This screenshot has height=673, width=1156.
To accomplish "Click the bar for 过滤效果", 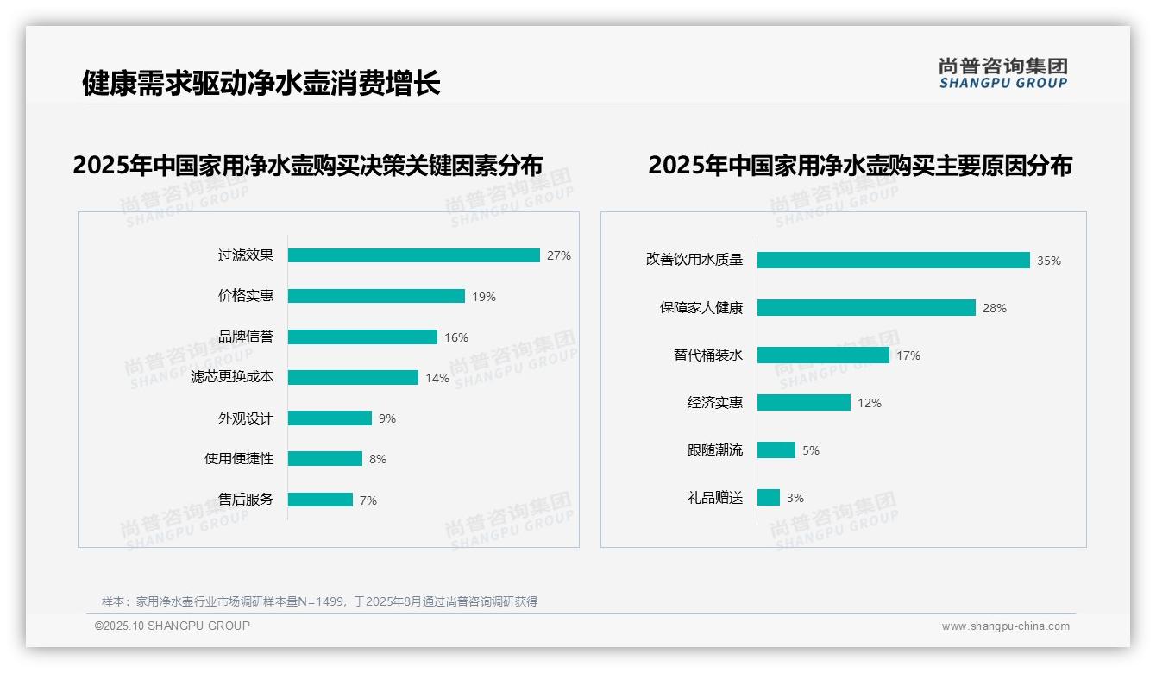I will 413,255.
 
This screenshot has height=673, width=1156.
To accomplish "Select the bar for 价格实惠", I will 376,296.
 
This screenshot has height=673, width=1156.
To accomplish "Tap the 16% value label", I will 456,337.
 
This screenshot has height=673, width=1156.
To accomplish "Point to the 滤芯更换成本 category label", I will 231,377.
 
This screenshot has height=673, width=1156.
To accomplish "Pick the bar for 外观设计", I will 330,418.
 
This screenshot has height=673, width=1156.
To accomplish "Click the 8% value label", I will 378,459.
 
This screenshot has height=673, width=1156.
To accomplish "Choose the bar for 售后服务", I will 320,500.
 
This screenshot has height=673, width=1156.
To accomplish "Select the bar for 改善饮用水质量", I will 893,260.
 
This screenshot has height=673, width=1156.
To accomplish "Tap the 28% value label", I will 995,308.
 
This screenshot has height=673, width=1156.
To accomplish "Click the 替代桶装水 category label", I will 707,355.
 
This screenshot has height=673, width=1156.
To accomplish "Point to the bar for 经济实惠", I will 803,403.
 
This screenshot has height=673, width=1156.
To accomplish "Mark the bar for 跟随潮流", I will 776,450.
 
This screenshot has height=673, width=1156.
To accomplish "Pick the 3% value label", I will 795,498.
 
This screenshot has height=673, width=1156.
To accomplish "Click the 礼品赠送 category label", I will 714,498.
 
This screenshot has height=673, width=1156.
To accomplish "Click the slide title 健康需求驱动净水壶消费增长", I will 261,83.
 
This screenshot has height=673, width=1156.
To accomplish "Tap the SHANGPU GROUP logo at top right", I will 1003,73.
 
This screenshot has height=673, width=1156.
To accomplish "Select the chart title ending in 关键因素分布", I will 308,165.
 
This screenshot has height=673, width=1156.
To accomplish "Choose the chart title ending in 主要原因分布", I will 859,165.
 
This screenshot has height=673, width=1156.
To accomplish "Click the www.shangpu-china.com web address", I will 1005,626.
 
